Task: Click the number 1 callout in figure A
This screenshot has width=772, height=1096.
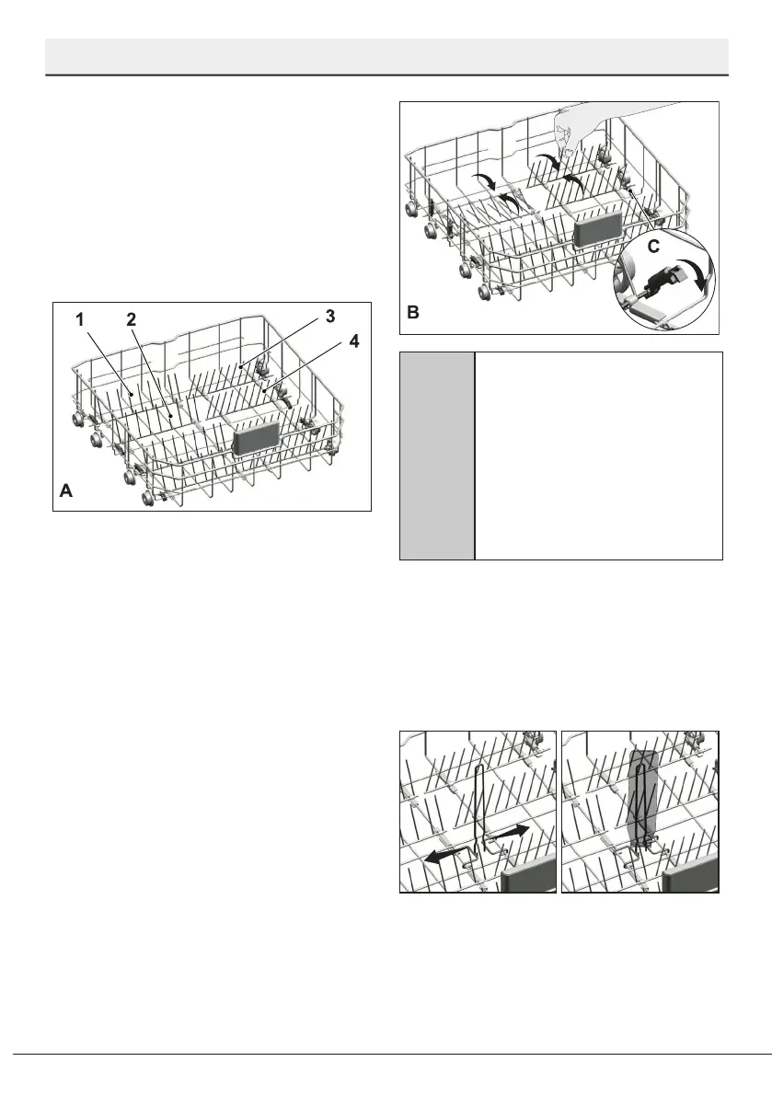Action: (80, 320)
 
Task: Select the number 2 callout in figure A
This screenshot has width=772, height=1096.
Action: (131, 320)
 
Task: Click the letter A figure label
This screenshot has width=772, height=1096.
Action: (65, 492)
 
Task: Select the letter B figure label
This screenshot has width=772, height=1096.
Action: (413, 313)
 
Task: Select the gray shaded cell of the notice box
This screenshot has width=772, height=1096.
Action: (437, 455)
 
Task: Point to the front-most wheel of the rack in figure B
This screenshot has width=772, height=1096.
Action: (484, 293)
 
